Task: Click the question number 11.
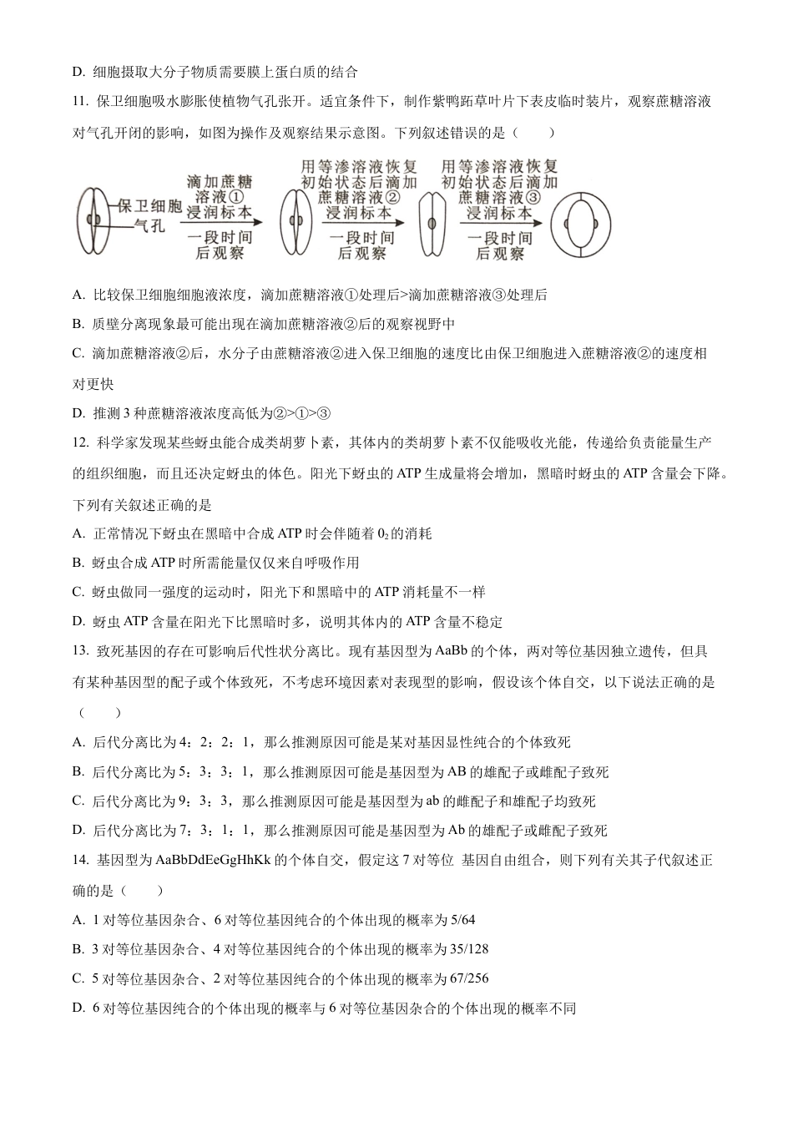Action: pyautogui.click(x=79, y=102)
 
